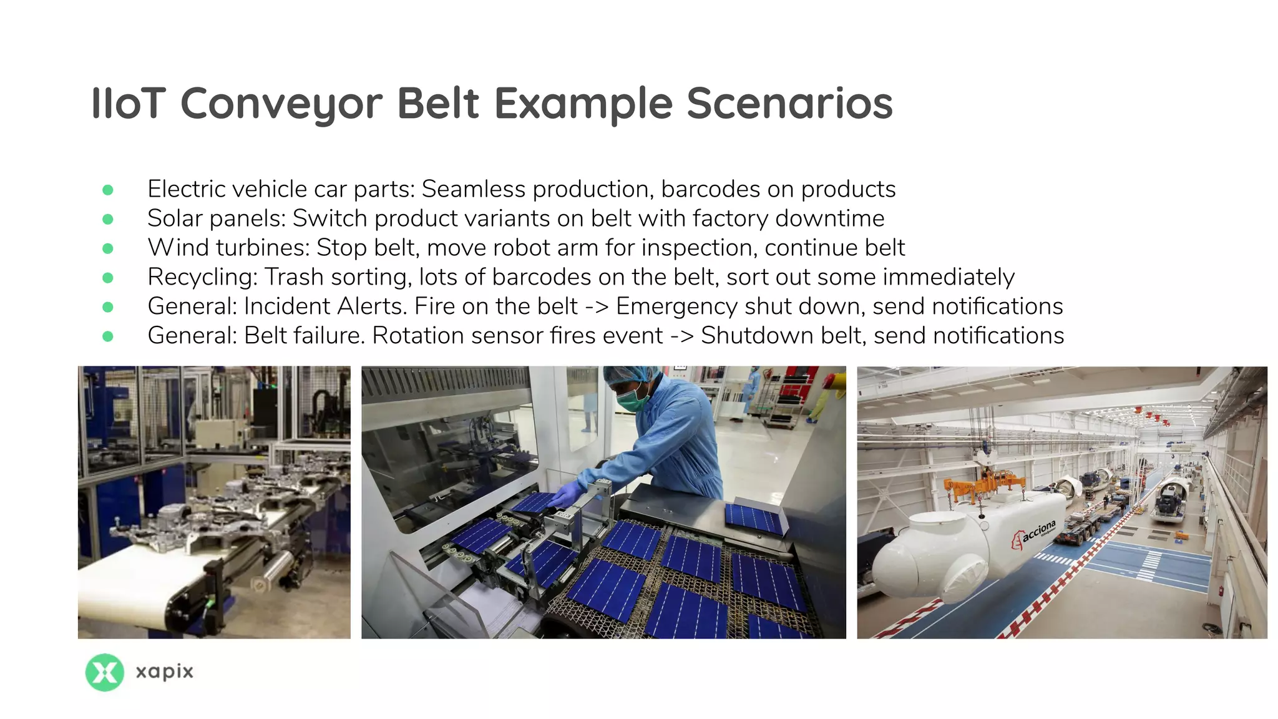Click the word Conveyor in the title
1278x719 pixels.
(x=281, y=104)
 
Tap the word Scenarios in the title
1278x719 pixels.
(x=789, y=104)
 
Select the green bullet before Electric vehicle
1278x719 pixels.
(x=108, y=190)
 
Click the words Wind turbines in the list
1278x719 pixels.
(x=228, y=248)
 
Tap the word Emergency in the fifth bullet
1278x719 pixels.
(x=677, y=306)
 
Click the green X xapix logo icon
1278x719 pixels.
(x=104, y=672)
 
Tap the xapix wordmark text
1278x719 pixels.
(x=165, y=672)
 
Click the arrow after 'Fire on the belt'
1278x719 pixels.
(x=597, y=306)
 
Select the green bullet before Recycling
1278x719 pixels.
(x=108, y=278)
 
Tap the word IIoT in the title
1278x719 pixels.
(x=129, y=104)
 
